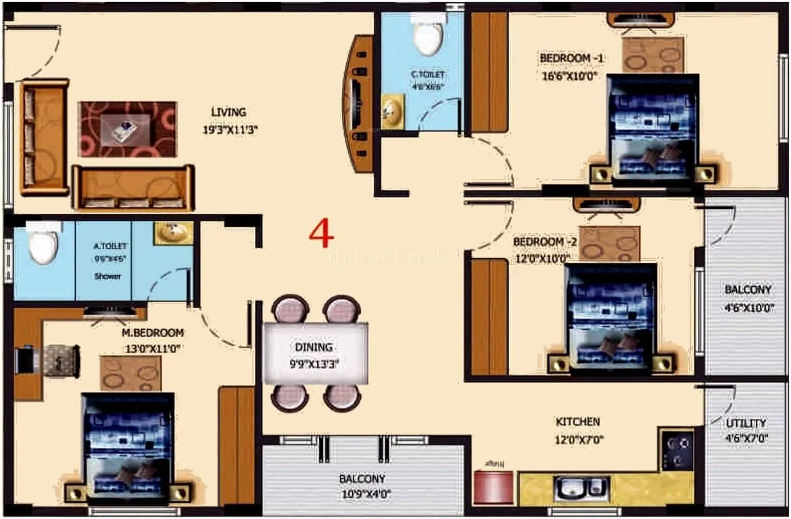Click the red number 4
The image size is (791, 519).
(x=321, y=234)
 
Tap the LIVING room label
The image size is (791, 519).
(x=228, y=112)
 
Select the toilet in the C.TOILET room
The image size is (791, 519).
(x=429, y=34)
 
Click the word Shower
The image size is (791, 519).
(x=107, y=276)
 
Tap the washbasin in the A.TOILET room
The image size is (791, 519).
(x=173, y=233)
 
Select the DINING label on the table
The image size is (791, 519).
(x=314, y=347)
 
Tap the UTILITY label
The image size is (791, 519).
(x=746, y=424)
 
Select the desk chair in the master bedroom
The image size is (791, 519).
(x=62, y=360)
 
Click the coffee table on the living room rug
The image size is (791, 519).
(x=126, y=128)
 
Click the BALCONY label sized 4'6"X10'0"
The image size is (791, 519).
(x=748, y=290)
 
